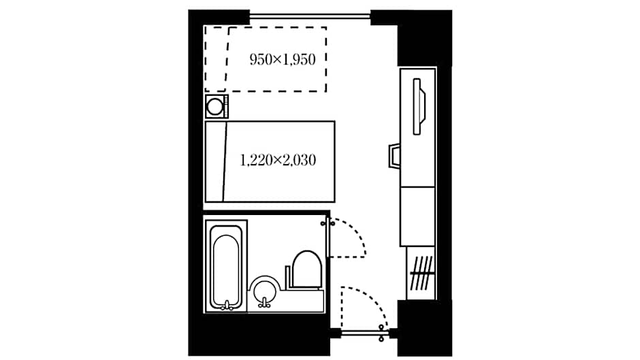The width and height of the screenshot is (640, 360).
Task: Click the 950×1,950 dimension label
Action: pyautogui.click(x=283, y=60)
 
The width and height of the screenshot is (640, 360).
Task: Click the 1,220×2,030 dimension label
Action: pyautogui.click(x=278, y=160)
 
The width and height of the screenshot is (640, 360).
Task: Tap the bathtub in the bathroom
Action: pyautogui.click(x=226, y=267)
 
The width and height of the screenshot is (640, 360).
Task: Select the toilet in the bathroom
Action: pyautogui.click(x=306, y=269)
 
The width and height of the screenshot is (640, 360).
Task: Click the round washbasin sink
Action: pyautogui.click(x=264, y=291)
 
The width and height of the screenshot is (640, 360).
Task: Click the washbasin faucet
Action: pyautogui.click(x=264, y=302)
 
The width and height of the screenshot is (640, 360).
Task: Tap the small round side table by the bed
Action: pyautogui.click(x=216, y=107)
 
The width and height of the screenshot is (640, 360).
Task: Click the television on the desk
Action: pyautogui.click(x=419, y=107)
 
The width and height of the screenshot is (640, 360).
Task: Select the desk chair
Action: pyautogui.click(x=394, y=156)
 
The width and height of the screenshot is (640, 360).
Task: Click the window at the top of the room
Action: pyautogui.click(x=310, y=16)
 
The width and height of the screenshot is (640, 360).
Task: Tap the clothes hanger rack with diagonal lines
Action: pyautogui.click(x=421, y=272)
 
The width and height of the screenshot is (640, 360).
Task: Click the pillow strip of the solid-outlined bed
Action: pyautogui.click(x=216, y=162)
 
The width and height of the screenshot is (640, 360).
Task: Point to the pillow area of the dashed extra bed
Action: pyautogui.click(x=217, y=59)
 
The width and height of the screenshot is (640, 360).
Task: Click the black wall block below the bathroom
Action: pyautogui.click(x=259, y=335)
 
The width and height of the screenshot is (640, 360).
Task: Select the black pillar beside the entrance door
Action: pyautogui.click(x=424, y=328)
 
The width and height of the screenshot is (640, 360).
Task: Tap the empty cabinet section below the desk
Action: pyautogui.click(x=417, y=216)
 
